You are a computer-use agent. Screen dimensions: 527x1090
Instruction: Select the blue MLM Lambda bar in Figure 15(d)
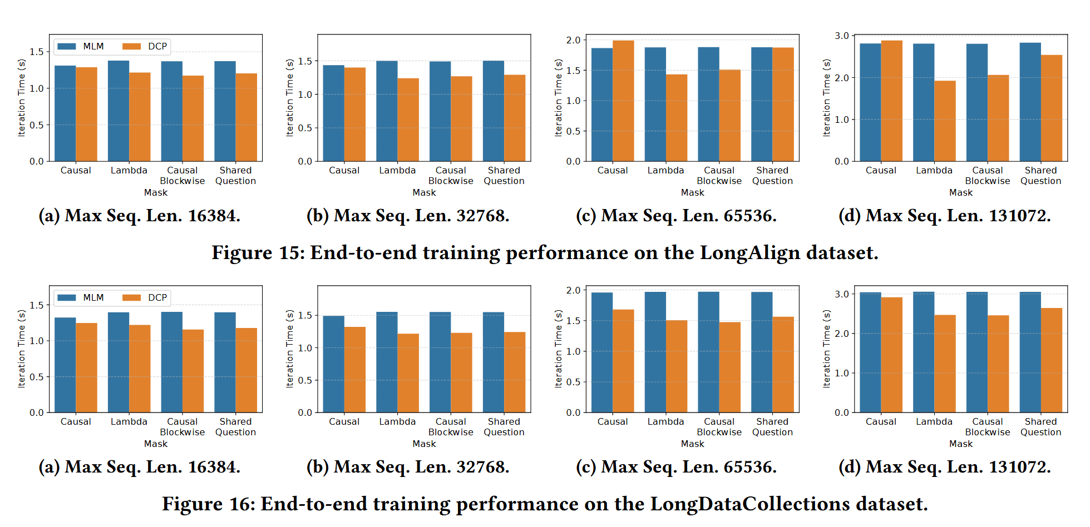pyautogui.click(x=924, y=103)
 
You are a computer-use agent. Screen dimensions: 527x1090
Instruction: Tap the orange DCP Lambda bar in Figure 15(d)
pyautogui.click(x=945, y=121)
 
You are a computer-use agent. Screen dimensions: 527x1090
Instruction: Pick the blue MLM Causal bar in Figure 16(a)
pyautogui.click(x=65, y=365)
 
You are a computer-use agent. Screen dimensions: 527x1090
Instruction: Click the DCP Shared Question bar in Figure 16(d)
pyautogui.click(x=1052, y=360)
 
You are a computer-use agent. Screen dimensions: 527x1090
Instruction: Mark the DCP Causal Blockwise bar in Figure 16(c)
pyautogui.click(x=730, y=367)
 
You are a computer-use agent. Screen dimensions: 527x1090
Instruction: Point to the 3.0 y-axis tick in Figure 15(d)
pyautogui.click(x=841, y=36)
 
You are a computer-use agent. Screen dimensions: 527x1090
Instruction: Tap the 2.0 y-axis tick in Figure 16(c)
pyautogui.click(x=573, y=290)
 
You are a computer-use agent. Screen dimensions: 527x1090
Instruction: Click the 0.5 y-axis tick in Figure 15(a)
pyautogui.click(x=37, y=125)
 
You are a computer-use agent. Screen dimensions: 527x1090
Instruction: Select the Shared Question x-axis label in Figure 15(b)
pyautogui.click(x=504, y=176)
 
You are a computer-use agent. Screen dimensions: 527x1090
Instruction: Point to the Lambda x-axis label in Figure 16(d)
pyautogui.click(x=934, y=422)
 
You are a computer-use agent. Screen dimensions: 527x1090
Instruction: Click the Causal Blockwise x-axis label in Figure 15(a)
pyautogui.click(x=183, y=176)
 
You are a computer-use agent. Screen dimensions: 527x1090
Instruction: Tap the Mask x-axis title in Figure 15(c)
pyautogui.click(x=693, y=193)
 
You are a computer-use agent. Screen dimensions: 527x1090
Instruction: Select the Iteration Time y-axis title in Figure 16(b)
pyautogui.click(x=289, y=349)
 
